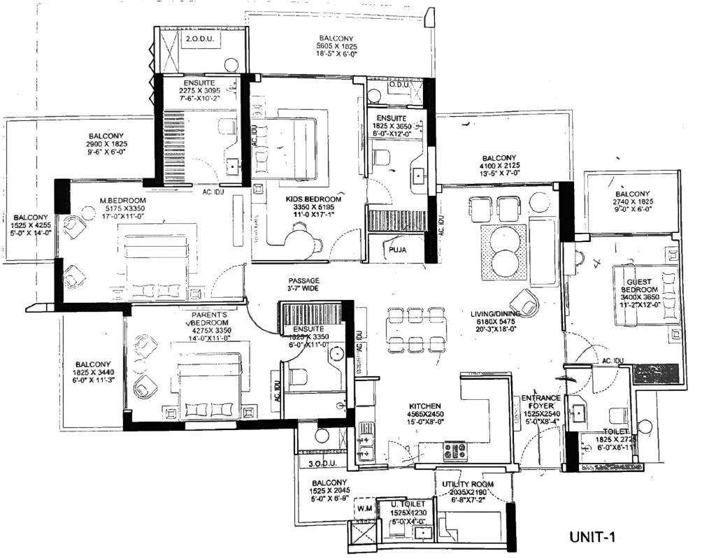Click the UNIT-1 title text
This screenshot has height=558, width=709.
(x=591, y=537)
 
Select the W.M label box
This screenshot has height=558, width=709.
(x=363, y=508)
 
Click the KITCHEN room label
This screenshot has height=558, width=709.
(x=424, y=405)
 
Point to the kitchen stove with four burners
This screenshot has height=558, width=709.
(x=454, y=451)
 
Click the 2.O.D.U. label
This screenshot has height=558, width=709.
(x=199, y=41)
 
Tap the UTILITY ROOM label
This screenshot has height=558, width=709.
(x=467, y=484)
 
